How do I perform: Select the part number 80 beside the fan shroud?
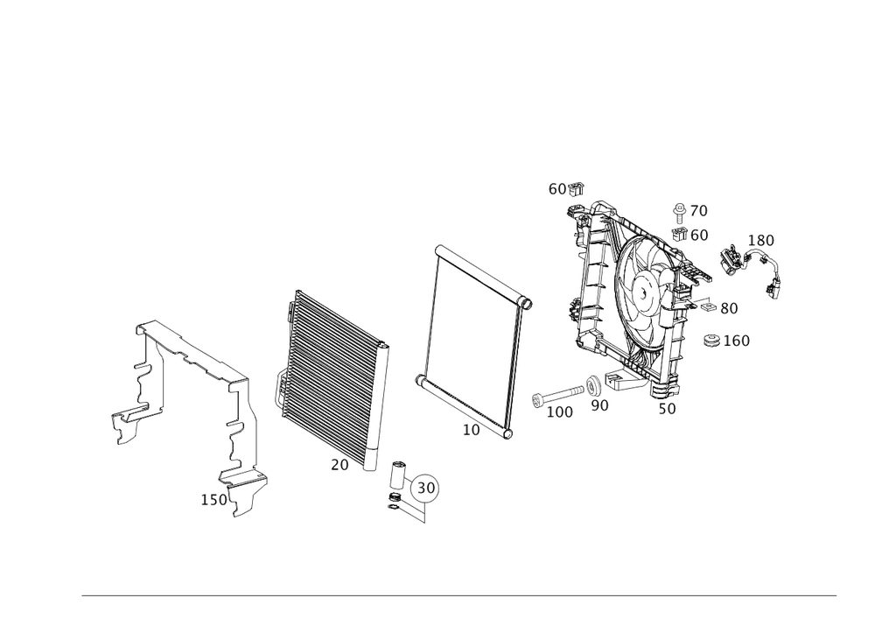727,308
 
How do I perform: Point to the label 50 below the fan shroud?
667,408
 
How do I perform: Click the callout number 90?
599,405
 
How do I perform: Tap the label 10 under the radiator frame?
472,430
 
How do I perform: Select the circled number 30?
428,487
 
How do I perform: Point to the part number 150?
214,499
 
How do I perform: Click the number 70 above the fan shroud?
696,211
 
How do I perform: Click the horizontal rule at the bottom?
459,598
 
